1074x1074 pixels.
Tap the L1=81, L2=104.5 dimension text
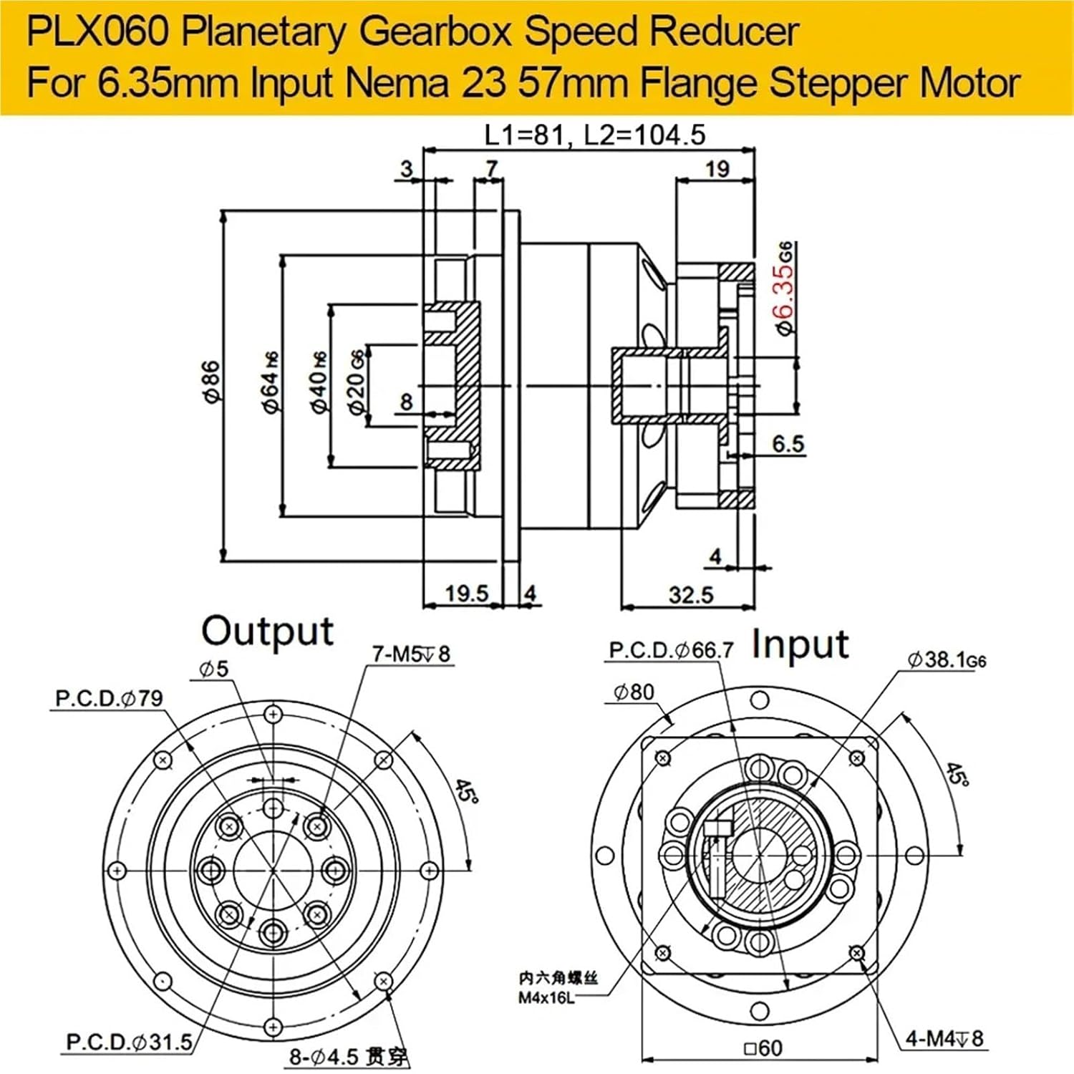point(594,135)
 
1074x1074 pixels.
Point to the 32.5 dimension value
point(691,594)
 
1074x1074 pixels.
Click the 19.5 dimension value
point(466,593)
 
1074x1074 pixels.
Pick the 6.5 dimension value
point(788,444)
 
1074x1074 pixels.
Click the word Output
point(267,632)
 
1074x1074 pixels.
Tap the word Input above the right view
point(800,644)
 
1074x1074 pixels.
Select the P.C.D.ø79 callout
point(109,698)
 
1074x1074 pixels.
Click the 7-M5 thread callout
point(411,654)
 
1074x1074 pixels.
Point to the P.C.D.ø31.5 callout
point(129,1042)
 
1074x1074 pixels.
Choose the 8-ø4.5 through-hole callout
point(349,1056)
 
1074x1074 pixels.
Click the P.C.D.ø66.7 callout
point(671,650)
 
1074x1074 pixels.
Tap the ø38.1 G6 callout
point(947,659)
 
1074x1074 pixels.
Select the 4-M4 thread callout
point(944,1038)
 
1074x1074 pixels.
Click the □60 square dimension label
point(763,1048)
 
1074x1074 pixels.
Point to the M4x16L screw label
point(546,998)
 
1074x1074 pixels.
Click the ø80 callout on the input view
point(634,692)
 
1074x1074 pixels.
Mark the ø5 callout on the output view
point(213,669)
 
